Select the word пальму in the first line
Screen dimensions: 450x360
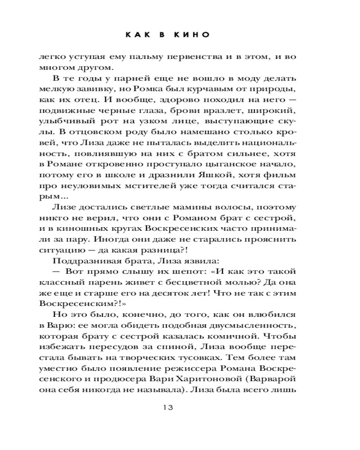[144, 57]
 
